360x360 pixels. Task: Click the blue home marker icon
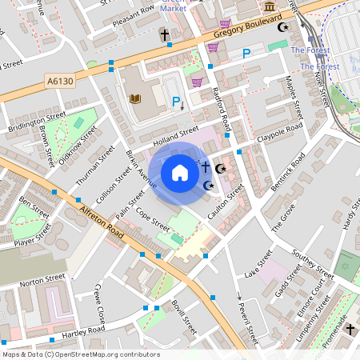coord(180,172)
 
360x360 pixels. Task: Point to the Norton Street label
coord(42,281)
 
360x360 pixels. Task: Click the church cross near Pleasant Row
coord(164,36)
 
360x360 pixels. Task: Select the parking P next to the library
coord(176,102)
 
